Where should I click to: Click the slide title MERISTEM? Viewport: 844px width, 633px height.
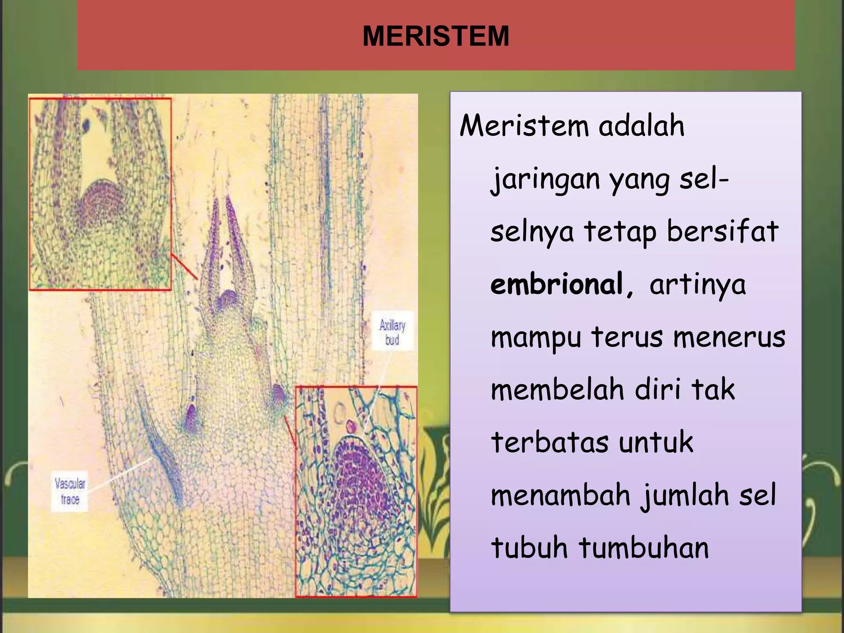click(436, 36)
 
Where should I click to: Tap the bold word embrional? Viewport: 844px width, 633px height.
click(556, 284)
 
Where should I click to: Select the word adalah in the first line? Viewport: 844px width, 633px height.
click(641, 126)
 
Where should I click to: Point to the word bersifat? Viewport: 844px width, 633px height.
click(722, 231)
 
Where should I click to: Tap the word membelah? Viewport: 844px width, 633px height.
click(558, 389)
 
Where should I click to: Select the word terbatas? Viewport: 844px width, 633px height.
click(549, 443)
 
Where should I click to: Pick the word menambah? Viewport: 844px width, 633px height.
click(560, 495)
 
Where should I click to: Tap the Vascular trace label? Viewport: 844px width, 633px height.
click(70, 491)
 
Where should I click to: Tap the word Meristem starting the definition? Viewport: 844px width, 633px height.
click(523, 126)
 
